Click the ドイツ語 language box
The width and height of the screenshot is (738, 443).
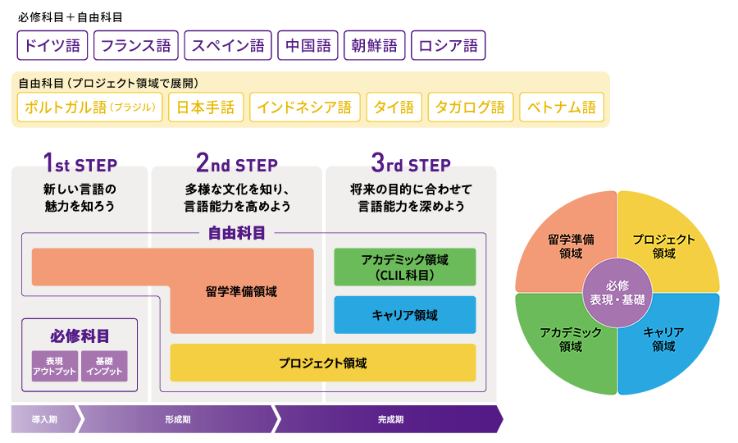[x=52, y=46]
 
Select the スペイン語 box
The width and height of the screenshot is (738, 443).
[x=228, y=46]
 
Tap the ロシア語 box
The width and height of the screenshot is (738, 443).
[x=448, y=46]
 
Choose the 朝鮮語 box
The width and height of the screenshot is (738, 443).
[x=374, y=46]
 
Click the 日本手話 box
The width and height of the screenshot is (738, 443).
[x=206, y=107]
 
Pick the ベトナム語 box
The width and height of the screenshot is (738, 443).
[x=562, y=107]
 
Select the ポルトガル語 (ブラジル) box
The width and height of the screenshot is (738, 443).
[x=89, y=107]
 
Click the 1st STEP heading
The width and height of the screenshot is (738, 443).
[x=79, y=164]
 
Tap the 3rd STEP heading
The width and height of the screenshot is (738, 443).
[x=411, y=164]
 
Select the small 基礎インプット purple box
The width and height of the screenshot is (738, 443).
[x=104, y=366]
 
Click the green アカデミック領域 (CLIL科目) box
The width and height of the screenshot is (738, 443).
[x=405, y=267]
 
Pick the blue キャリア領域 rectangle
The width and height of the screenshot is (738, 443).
[x=405, y=315]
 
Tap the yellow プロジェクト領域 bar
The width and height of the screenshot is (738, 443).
[x=322, y=363]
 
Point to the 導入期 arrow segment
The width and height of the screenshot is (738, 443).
[x=44, y=419]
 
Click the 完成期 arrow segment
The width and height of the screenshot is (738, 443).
[x=390, y=419]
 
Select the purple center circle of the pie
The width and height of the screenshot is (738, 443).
[x=617, y=293]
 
